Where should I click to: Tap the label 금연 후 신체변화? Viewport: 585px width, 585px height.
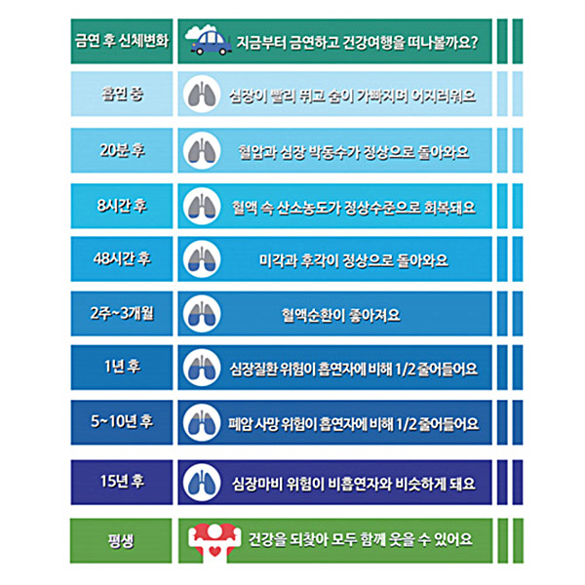pos(121,41)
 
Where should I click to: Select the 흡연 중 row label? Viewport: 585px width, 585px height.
pos(121,97)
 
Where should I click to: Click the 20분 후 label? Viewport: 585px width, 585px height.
pos(121,151)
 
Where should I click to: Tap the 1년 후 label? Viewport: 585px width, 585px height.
pos(121,368)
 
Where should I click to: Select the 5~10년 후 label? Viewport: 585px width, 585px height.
pos(121,422)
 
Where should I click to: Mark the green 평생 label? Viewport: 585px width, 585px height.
pos(121,538)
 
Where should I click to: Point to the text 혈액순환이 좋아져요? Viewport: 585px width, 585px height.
pos(340,315)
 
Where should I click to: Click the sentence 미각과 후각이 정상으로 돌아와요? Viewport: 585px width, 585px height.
pos(340,260)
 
